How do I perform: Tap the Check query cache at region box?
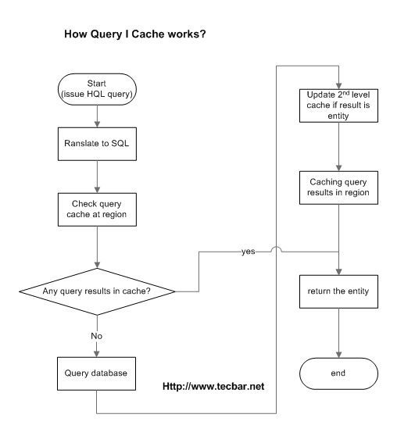click(95, 209)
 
